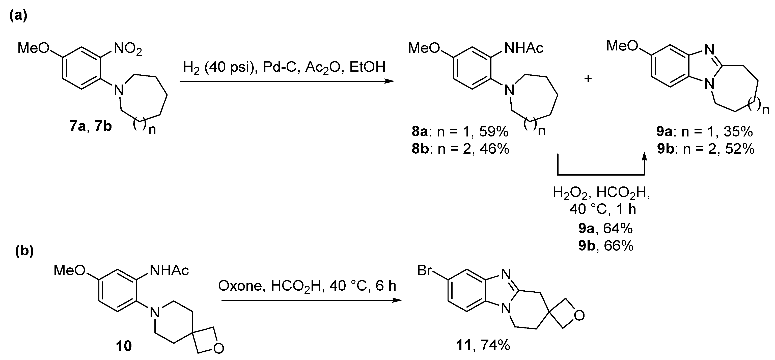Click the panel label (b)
coord(24,251)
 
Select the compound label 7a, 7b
coord(91,126)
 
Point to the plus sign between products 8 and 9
coord(588,79)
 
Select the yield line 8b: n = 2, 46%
coord(460,149)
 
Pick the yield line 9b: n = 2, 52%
coord(706,149)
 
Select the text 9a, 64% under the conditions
coord(605,229)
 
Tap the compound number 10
coord(124,346)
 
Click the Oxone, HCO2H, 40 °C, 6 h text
coord(307,286)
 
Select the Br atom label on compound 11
coord(425,271)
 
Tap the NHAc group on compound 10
coord(169,271)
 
